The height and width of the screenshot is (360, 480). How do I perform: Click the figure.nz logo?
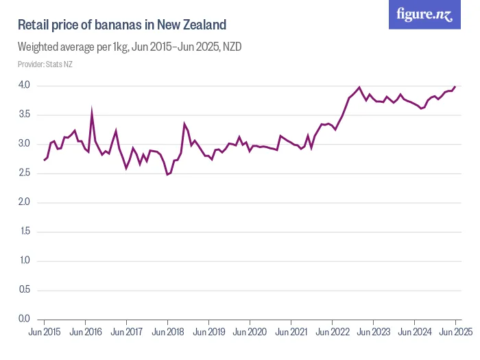point(424,14)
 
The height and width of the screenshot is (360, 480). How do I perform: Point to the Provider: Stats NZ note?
point(45,64)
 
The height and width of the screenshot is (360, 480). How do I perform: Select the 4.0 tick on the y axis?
point(24,86)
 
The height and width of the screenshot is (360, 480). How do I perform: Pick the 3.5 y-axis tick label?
point(24,115)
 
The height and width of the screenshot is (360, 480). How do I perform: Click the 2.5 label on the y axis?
point(24,173)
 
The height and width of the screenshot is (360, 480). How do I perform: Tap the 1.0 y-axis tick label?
point(24,261)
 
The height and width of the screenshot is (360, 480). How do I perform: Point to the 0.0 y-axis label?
point(24,319)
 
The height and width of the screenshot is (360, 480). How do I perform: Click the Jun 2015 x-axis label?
point(44,332)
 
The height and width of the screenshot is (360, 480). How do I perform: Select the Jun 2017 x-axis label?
point(126,332)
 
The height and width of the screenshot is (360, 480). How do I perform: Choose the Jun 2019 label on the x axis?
point(208,332)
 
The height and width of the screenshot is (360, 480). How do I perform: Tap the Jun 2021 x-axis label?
point(291,332)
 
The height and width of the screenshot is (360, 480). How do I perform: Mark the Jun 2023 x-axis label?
point(373,332)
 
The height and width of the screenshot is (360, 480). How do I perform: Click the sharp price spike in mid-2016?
point(92,110)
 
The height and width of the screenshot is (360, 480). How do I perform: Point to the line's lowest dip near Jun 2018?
point(167,174)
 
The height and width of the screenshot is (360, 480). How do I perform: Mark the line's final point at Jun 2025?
point(455,86)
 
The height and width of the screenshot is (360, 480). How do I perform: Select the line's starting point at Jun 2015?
point(44,160)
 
